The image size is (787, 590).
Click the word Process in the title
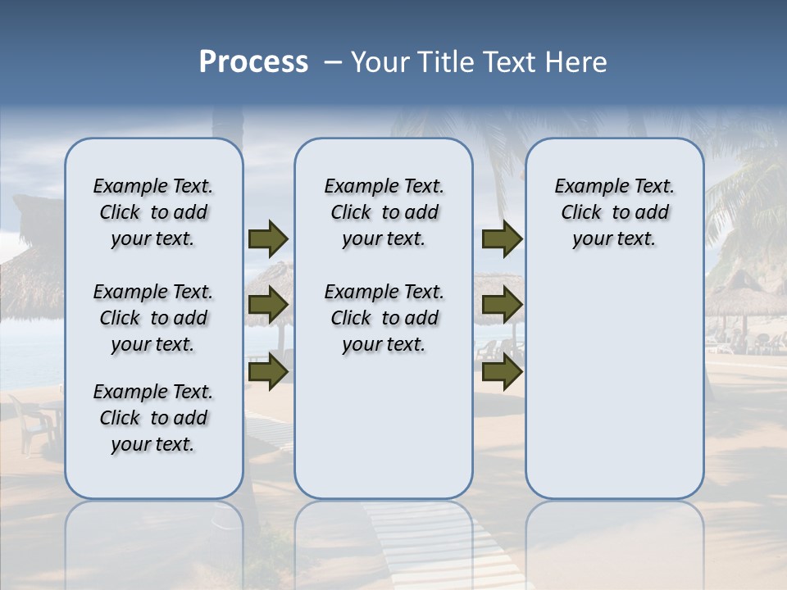[253, 62]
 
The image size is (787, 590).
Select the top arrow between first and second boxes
[268, 239]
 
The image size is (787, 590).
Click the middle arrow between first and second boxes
[268, 306]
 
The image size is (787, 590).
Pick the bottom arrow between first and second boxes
[268, 372]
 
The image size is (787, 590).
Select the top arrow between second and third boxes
[502, 239]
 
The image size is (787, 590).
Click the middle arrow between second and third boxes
[502, 306]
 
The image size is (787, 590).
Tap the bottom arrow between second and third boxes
[502, 372]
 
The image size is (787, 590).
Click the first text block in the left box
[153, 212]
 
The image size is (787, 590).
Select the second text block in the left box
[153, 318]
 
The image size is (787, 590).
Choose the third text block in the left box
[153, 418]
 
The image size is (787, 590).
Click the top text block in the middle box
[384, 212]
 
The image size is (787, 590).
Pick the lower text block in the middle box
[384, 318]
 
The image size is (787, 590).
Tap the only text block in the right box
[614, 212]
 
